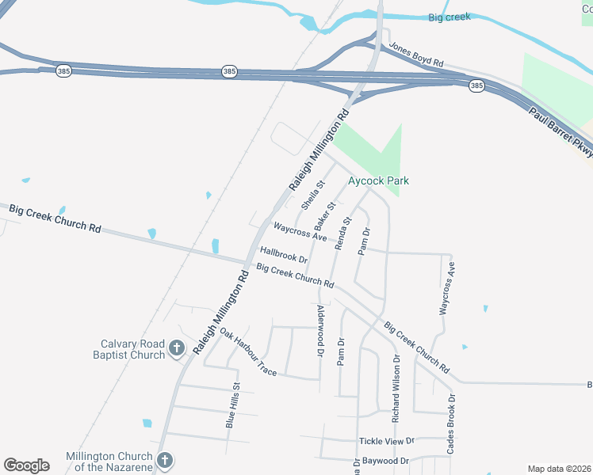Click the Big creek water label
(449, 17)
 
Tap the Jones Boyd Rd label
(415, 55)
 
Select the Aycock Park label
(378, 180)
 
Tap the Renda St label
(343, 234)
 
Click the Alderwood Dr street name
(320, 333)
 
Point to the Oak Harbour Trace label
(247, 351)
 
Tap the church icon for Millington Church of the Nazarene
(164, 461)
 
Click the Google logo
(26, 465)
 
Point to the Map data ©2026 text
(559, 469)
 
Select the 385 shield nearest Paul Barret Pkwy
(476, 85)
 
